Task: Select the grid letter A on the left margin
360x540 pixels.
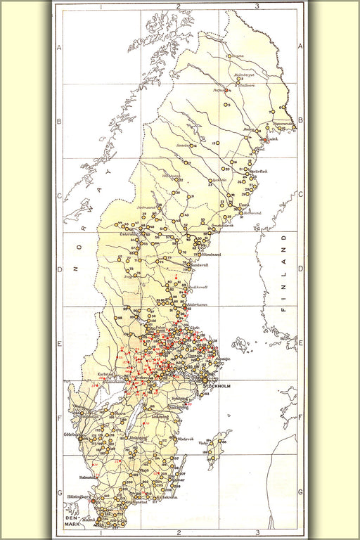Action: click(x=59, y=48)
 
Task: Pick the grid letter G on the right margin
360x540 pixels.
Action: click(x=300, y=491)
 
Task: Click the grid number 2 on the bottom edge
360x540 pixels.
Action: click(x=179, y=532)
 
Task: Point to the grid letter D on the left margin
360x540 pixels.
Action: click(x=59, y=269)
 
